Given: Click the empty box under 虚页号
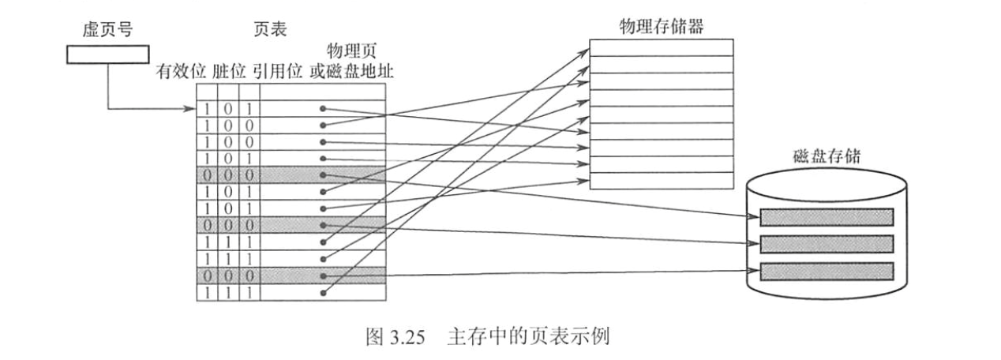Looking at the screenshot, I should (107, 55).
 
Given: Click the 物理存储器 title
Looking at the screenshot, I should (662, 26).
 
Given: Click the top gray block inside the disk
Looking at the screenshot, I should (827, 216).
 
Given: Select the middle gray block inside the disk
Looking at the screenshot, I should (827, 242).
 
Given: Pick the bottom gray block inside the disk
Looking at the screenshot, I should (827, 270).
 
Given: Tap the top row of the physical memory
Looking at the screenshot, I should (662, 47).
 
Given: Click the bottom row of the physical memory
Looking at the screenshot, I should (662, 181).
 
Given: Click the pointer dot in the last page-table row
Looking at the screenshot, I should (323, 293).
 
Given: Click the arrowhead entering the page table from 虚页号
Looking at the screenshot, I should (193, 108).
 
